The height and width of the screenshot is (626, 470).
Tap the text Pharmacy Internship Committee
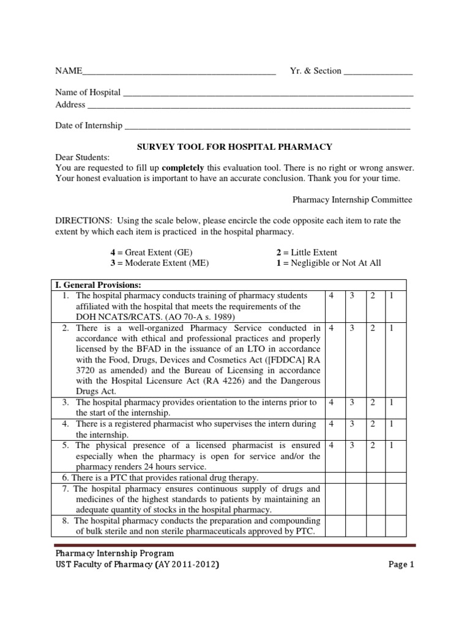[x=352, y=199]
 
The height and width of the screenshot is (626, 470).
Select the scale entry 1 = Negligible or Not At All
[x=329, y=263]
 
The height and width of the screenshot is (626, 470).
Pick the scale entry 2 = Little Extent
[x=307, y=252]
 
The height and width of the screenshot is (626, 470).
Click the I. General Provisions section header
[x=99, y=285]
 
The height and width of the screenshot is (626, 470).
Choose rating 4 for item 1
[x=331, y=296]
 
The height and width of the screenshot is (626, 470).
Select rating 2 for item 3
[x=373, y=402]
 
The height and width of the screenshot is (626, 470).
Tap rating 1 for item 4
[x=392, y=424]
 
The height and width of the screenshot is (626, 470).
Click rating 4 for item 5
[x=331, y=446]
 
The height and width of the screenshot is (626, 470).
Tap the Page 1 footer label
[x=401, y=565]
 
